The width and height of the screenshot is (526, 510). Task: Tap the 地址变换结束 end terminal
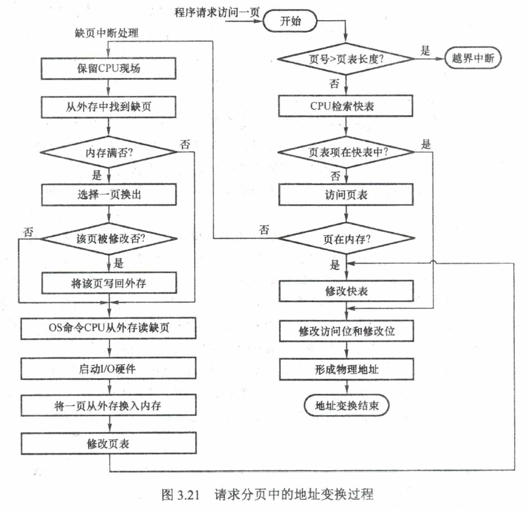pos(346,405)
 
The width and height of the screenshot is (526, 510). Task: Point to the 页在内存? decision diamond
pos(346,238)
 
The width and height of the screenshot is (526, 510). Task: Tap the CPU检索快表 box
pos(346,105)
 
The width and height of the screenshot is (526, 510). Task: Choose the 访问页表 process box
pos(346,195)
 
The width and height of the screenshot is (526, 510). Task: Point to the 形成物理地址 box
pos(346,370)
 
